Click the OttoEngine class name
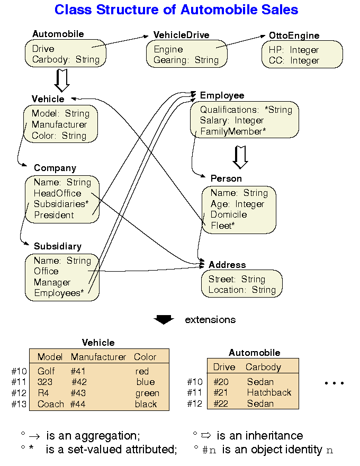click(x=294, y=35)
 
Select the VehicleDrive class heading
click(x=181, y=35)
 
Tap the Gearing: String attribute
click(x=186, y=60)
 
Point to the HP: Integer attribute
click(x=291, y=50)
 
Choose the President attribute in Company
click(x=54, y=215)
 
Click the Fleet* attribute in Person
click(x=222, y=226)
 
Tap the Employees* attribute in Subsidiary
click(x=59, y=293)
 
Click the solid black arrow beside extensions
click(x=164, y=319)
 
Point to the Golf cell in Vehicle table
click(x=46, y=371)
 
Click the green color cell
click(x=147, y=393)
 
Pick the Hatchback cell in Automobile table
click(x=269, y=392)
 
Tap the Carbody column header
click(x=263, y=367)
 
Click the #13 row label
click(x=19, y=404)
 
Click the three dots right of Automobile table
click(x=334, y=383)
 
